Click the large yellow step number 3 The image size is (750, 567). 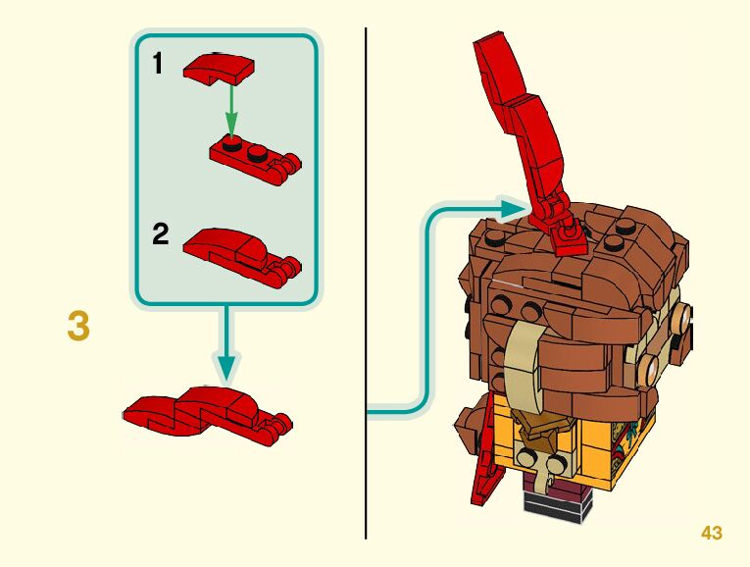click(78, 326)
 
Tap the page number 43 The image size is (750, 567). click(712, 533)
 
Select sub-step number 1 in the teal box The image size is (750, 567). click(159, 65)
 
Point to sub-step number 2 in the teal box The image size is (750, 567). click(161, 235)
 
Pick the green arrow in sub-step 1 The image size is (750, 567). click(231, 110)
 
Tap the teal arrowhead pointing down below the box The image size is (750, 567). click(226, 367)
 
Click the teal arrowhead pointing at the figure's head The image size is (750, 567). click(515, 208)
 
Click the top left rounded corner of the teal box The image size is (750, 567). click(140, 42)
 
